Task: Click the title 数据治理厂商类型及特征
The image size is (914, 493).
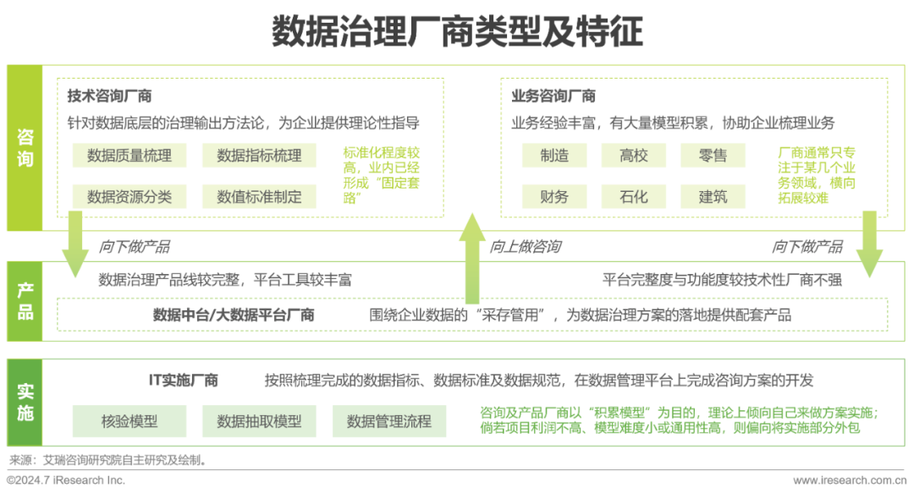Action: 457,31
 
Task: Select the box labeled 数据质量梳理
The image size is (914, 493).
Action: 129,156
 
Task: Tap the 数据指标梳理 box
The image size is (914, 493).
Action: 259,156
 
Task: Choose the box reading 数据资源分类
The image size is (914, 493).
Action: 129,197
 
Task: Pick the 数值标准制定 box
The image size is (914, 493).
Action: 259,197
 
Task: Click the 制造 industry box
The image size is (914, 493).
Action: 554,156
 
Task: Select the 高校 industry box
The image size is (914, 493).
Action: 634,156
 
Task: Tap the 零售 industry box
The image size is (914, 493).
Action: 713,156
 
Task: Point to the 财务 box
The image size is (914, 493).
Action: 554,197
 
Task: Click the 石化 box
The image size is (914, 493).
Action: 634,197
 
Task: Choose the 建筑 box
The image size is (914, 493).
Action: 713,197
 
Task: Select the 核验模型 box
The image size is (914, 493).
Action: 129,421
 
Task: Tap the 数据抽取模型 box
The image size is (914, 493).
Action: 259,421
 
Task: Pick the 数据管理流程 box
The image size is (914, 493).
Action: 389,421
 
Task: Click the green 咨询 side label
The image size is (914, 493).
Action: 25,147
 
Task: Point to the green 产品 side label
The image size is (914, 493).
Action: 25,301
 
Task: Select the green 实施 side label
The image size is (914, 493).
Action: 25,403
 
